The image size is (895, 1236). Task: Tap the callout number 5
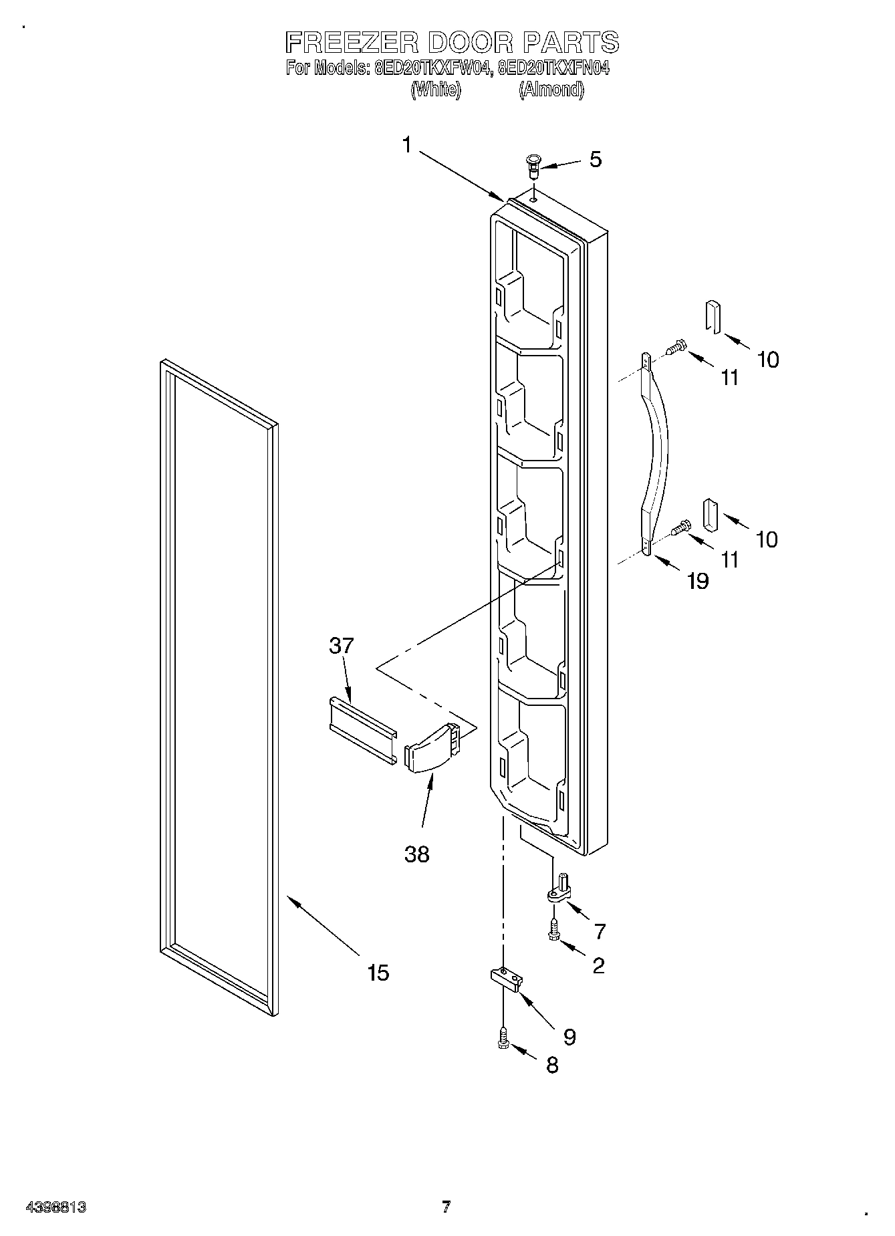point(595,159)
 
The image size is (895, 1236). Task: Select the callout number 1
point(407,144)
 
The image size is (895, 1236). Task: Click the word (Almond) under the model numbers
point(551,90)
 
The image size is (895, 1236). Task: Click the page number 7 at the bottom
point(446,1206)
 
